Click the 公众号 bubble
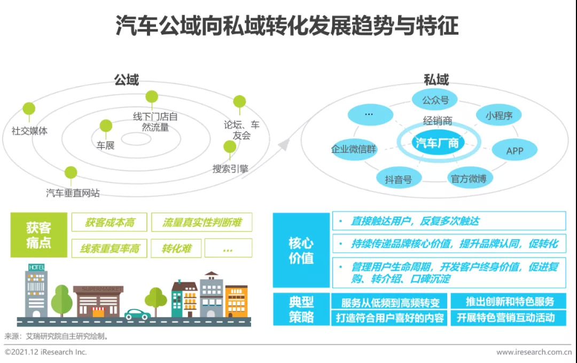click(435, 100)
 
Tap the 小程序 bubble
click(498, 115)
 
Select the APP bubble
click(514, 151)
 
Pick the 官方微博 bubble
click(469, 179)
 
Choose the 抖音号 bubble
click(398, 179)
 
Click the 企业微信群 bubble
click(353, 149)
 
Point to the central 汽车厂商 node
click(437, 142)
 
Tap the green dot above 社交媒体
click(29, 109)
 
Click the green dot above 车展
click(106, 126)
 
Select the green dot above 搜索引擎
click(230, 146)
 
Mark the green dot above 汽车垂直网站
click(71, 173)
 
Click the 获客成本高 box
click(109, 222)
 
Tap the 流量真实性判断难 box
click(201, 222)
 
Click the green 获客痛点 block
click(39, 235)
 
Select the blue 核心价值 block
click(301, 250)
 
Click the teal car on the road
click(137, 314)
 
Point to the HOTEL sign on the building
click(36, 267)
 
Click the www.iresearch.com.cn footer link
click(534, 352)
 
